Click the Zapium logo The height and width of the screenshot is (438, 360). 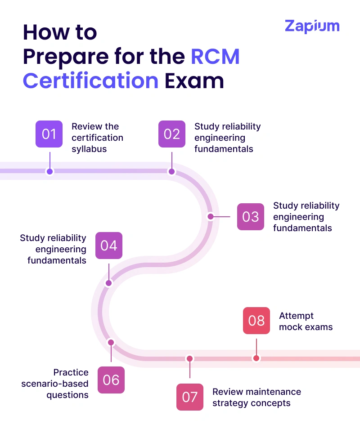point(312,26)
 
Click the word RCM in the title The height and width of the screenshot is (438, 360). point(215,57)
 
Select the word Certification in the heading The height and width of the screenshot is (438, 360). point(90,81)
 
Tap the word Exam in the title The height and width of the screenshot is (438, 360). point(194,81)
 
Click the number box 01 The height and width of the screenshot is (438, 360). point(49,134)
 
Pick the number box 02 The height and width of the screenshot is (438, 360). point(172,134)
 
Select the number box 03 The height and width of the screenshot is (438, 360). point(251,217)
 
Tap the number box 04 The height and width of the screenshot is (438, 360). point(109,246)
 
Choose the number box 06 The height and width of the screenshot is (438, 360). point(111,380)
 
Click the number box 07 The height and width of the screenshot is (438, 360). point(190,397)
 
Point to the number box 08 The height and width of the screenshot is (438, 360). point(256,321)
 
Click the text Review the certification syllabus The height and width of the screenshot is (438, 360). point(97,138)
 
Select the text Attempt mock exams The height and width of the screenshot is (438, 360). point(306,322)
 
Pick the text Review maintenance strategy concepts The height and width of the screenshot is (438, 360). point(256,397)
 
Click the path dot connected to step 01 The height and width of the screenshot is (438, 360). point(50,171)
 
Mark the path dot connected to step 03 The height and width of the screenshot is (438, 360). point(210,216)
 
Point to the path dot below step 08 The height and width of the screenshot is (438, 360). point(256,358)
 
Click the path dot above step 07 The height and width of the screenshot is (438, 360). point(190,359)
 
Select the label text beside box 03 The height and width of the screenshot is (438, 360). point(306,217)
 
